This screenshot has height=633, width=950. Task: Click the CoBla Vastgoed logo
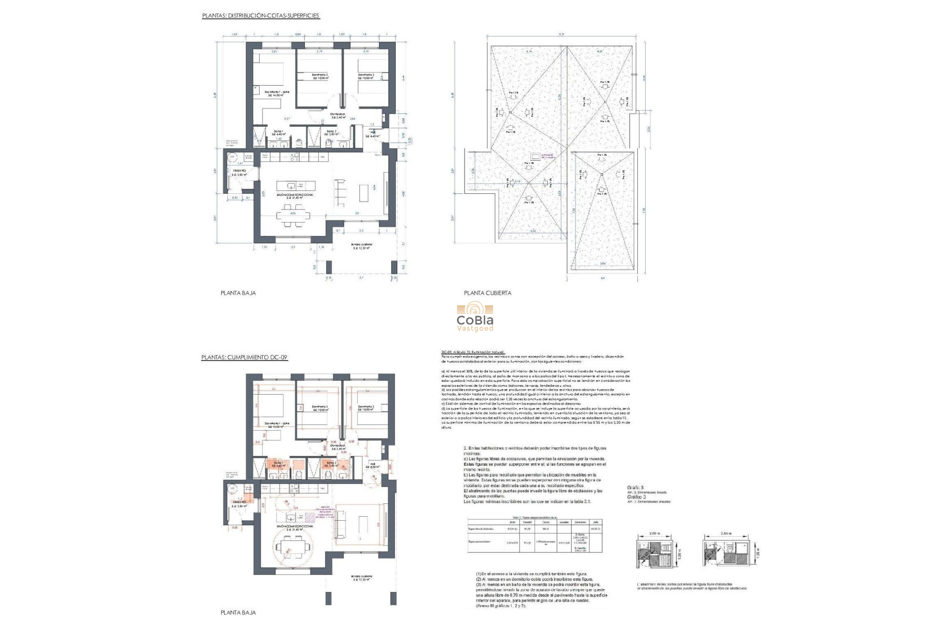tap(475, 316)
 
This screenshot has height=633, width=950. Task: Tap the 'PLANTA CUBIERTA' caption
tap(487, 293)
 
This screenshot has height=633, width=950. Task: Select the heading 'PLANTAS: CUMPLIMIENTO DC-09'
tap(244, 357)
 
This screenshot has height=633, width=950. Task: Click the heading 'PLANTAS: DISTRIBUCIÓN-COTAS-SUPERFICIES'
tap(261, 16)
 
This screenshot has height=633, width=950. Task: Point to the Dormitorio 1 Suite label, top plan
tap(277, 93)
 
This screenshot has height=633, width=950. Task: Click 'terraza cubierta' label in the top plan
tap(362, 246)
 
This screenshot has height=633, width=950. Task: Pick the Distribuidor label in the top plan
tap(338, 115)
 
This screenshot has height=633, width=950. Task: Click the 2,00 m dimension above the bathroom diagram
tap(655, 534)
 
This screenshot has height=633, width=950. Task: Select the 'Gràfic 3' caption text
tap(635, 488)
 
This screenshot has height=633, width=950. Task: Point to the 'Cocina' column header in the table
tap(545, 522)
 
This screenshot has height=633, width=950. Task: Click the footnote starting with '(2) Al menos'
tap(534, 579)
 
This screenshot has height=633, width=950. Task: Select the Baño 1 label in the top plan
tap(278, 133)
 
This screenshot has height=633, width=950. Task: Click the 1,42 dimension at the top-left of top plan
tap(235, 34)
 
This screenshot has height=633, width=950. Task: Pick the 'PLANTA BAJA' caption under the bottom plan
tap(238, 612)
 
